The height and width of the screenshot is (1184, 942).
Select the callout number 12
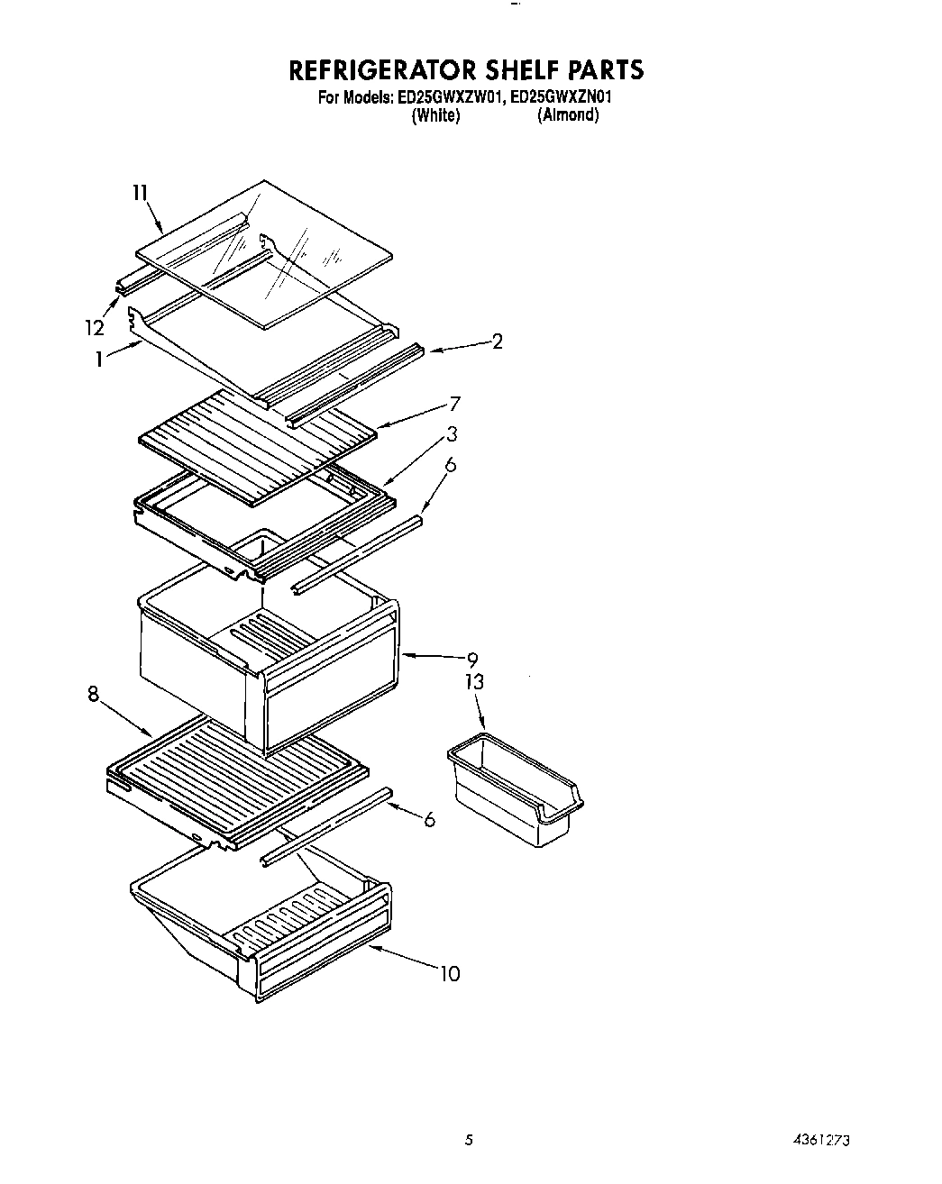coord(95,327)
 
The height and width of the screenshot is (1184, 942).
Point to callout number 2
coord(497,342)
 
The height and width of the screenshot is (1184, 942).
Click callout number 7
coord(455,404)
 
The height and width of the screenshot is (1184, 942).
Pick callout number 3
coord(452,434)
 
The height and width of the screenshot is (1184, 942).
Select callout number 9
coord(471,660)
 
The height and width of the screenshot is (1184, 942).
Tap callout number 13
coord(474,682)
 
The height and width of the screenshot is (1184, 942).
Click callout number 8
coord(93,695)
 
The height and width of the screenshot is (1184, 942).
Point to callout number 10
coord(450,973)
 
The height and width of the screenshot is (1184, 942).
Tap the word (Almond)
coord(568,115)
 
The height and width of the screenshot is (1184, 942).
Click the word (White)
coord(435,115)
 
